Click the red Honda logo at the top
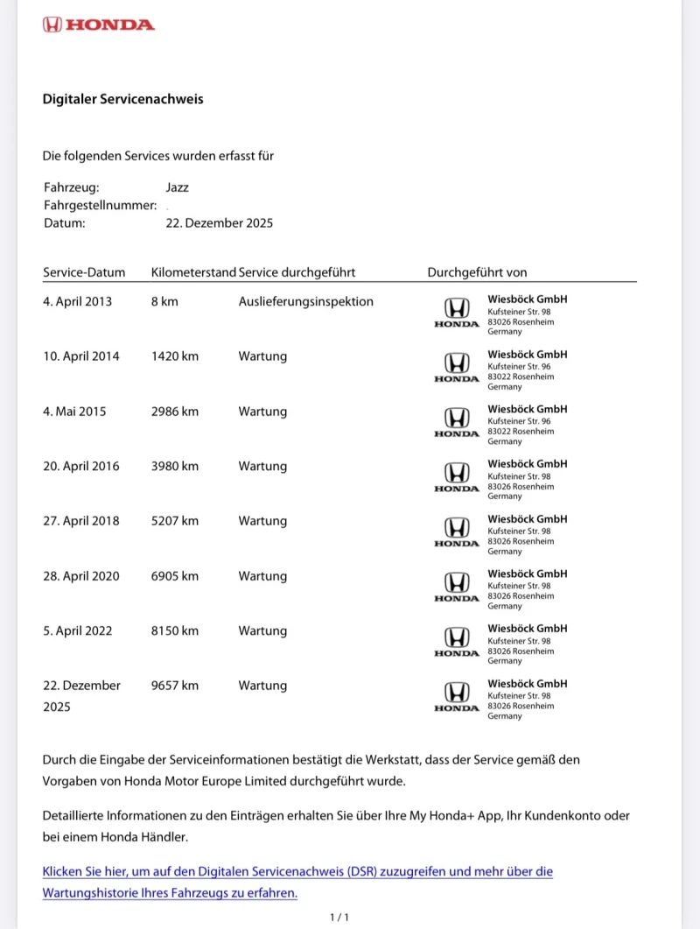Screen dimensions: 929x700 (98, 25)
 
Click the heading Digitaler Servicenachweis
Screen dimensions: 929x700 (122, 99)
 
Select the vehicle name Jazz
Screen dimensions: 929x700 (177, 187)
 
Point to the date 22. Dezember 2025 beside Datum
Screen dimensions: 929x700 (219, 222)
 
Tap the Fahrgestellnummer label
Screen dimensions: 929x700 (100, 205)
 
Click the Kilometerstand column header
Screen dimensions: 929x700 (193, 272)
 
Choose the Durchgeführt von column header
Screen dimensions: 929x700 (477, 272)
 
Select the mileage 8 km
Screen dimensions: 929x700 (164, 301)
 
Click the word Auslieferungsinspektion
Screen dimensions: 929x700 (305, 301)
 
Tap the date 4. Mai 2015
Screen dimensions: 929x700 (74, 411)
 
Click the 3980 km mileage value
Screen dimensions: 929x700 (175, 466)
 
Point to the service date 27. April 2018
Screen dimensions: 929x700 (81, 520)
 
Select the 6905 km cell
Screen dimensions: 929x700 (175, 575)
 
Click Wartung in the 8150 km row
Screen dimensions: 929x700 (262, 630)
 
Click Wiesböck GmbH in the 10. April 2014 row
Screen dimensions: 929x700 (528, 354)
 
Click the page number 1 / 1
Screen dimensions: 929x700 (339, 917)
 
